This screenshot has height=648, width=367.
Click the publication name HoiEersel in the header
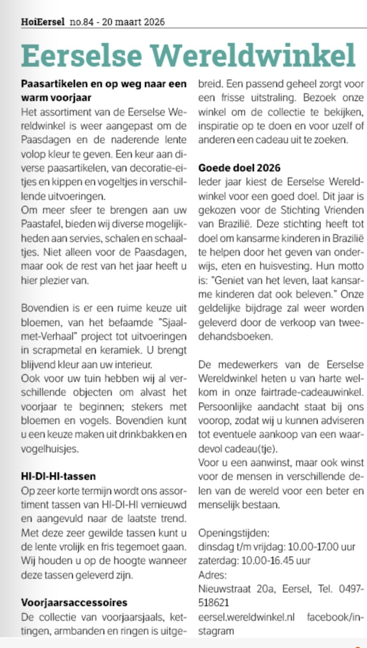[42, 22]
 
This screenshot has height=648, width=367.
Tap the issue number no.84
[80, 22]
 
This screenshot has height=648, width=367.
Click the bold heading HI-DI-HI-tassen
[58, 476]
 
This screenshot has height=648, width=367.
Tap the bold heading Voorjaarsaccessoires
[74, 602]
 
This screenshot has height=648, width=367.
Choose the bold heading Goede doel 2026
[239, 168]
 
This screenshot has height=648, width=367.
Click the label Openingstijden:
[233, 533]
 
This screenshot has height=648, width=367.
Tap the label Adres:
[212, 575]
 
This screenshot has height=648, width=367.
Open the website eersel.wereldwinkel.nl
[246, 617]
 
